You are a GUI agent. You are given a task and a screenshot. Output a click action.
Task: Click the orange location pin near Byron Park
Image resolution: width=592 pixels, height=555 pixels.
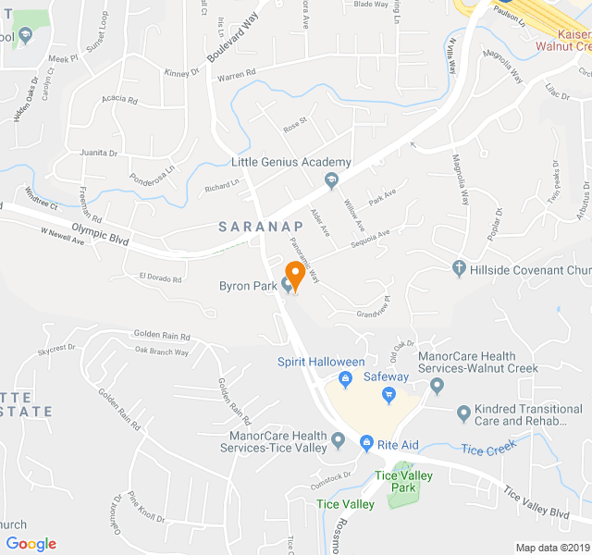point(295,273)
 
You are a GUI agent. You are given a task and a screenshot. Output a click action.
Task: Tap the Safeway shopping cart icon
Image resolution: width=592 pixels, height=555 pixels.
point(389,396)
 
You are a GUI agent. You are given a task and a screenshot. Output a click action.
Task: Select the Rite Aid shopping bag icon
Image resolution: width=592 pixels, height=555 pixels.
point(366,445)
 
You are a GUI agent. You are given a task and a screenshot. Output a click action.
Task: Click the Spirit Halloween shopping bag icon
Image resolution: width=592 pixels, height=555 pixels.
point(345,378)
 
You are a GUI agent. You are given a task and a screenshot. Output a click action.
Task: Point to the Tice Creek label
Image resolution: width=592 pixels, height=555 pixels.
point(486,450)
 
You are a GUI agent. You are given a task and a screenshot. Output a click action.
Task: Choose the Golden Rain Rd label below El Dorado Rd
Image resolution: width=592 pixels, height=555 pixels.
point(162,336)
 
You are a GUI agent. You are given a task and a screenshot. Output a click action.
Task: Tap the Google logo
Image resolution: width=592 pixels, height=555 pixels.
point(31,544)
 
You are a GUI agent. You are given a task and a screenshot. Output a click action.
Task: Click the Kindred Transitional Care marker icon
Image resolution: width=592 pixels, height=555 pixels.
point(463,413)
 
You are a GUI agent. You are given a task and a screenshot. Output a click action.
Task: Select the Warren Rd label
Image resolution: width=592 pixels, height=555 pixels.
point(236,80)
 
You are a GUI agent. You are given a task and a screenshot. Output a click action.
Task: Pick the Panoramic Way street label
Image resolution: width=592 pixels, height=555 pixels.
point(304,260)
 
